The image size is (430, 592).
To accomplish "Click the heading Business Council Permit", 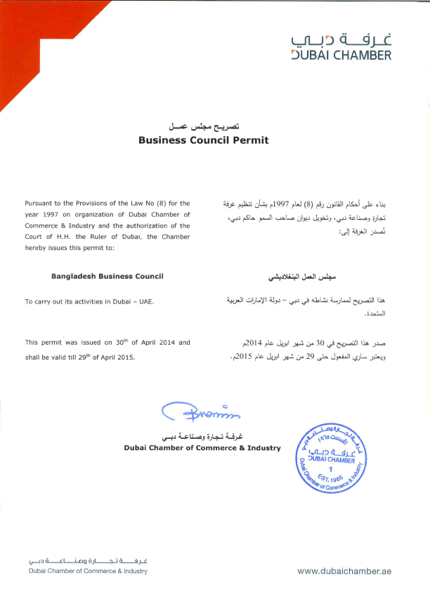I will pos(204,140).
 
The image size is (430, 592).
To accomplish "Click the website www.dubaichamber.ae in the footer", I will pos(344,572).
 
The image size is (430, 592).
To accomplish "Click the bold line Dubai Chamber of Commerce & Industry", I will pos(202,447).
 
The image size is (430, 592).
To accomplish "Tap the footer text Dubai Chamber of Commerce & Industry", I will pos(89,571).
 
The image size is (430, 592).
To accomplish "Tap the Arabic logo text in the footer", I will pos(89,560).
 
